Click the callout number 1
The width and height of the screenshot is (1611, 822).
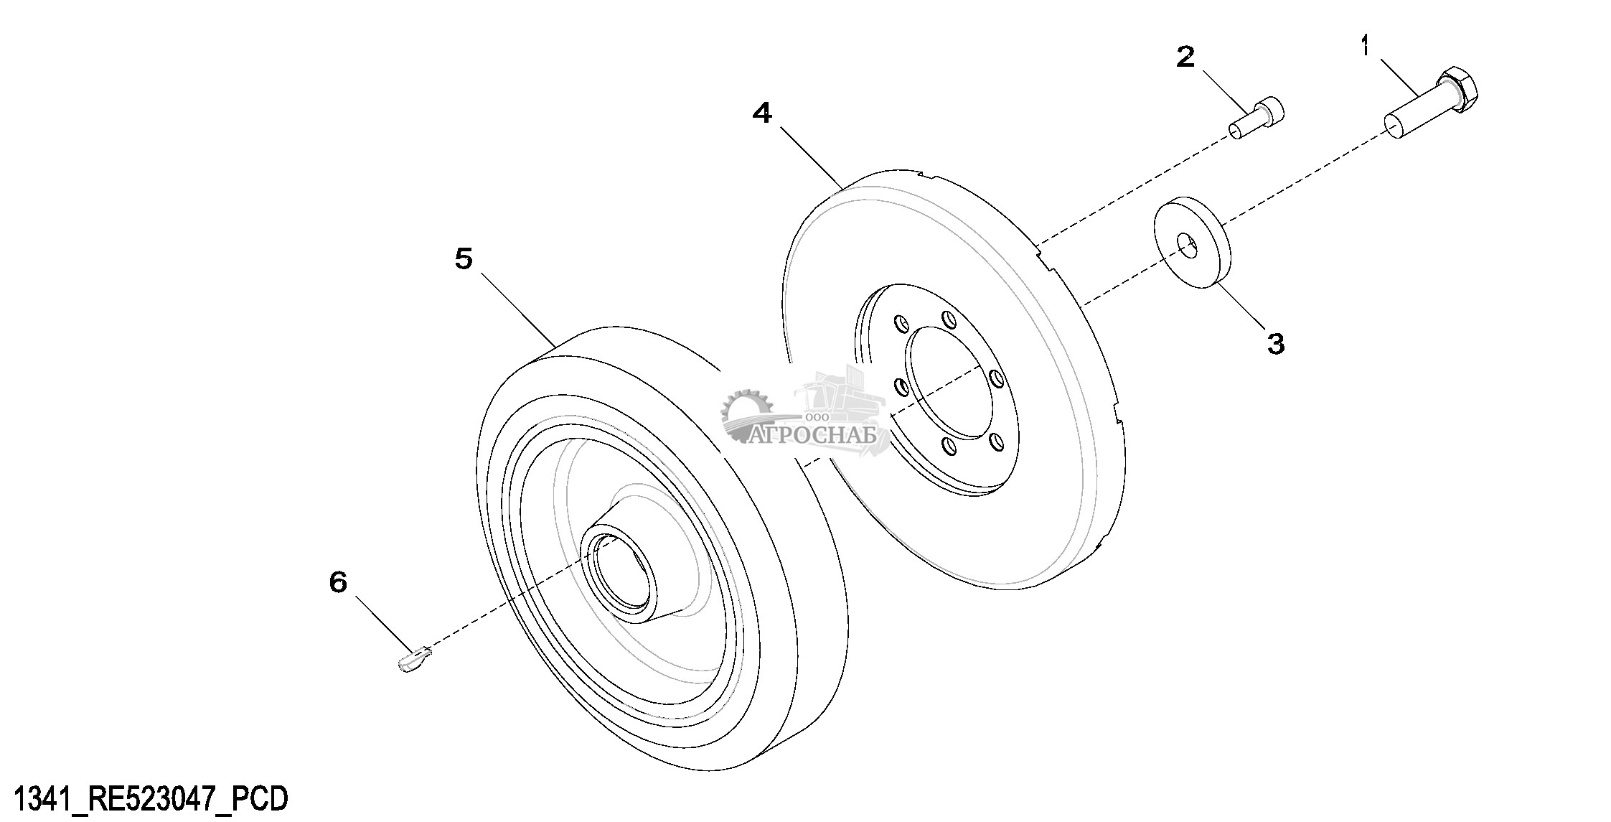point(1365,47)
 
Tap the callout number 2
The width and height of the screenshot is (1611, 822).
point(1185,56)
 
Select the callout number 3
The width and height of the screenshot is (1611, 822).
point(1275,343)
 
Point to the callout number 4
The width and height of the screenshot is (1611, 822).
point(762,112)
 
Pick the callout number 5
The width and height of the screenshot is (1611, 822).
point(464,258)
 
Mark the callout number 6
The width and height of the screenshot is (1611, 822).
point(338,582)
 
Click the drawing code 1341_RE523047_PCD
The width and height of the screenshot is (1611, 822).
point(151,798)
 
